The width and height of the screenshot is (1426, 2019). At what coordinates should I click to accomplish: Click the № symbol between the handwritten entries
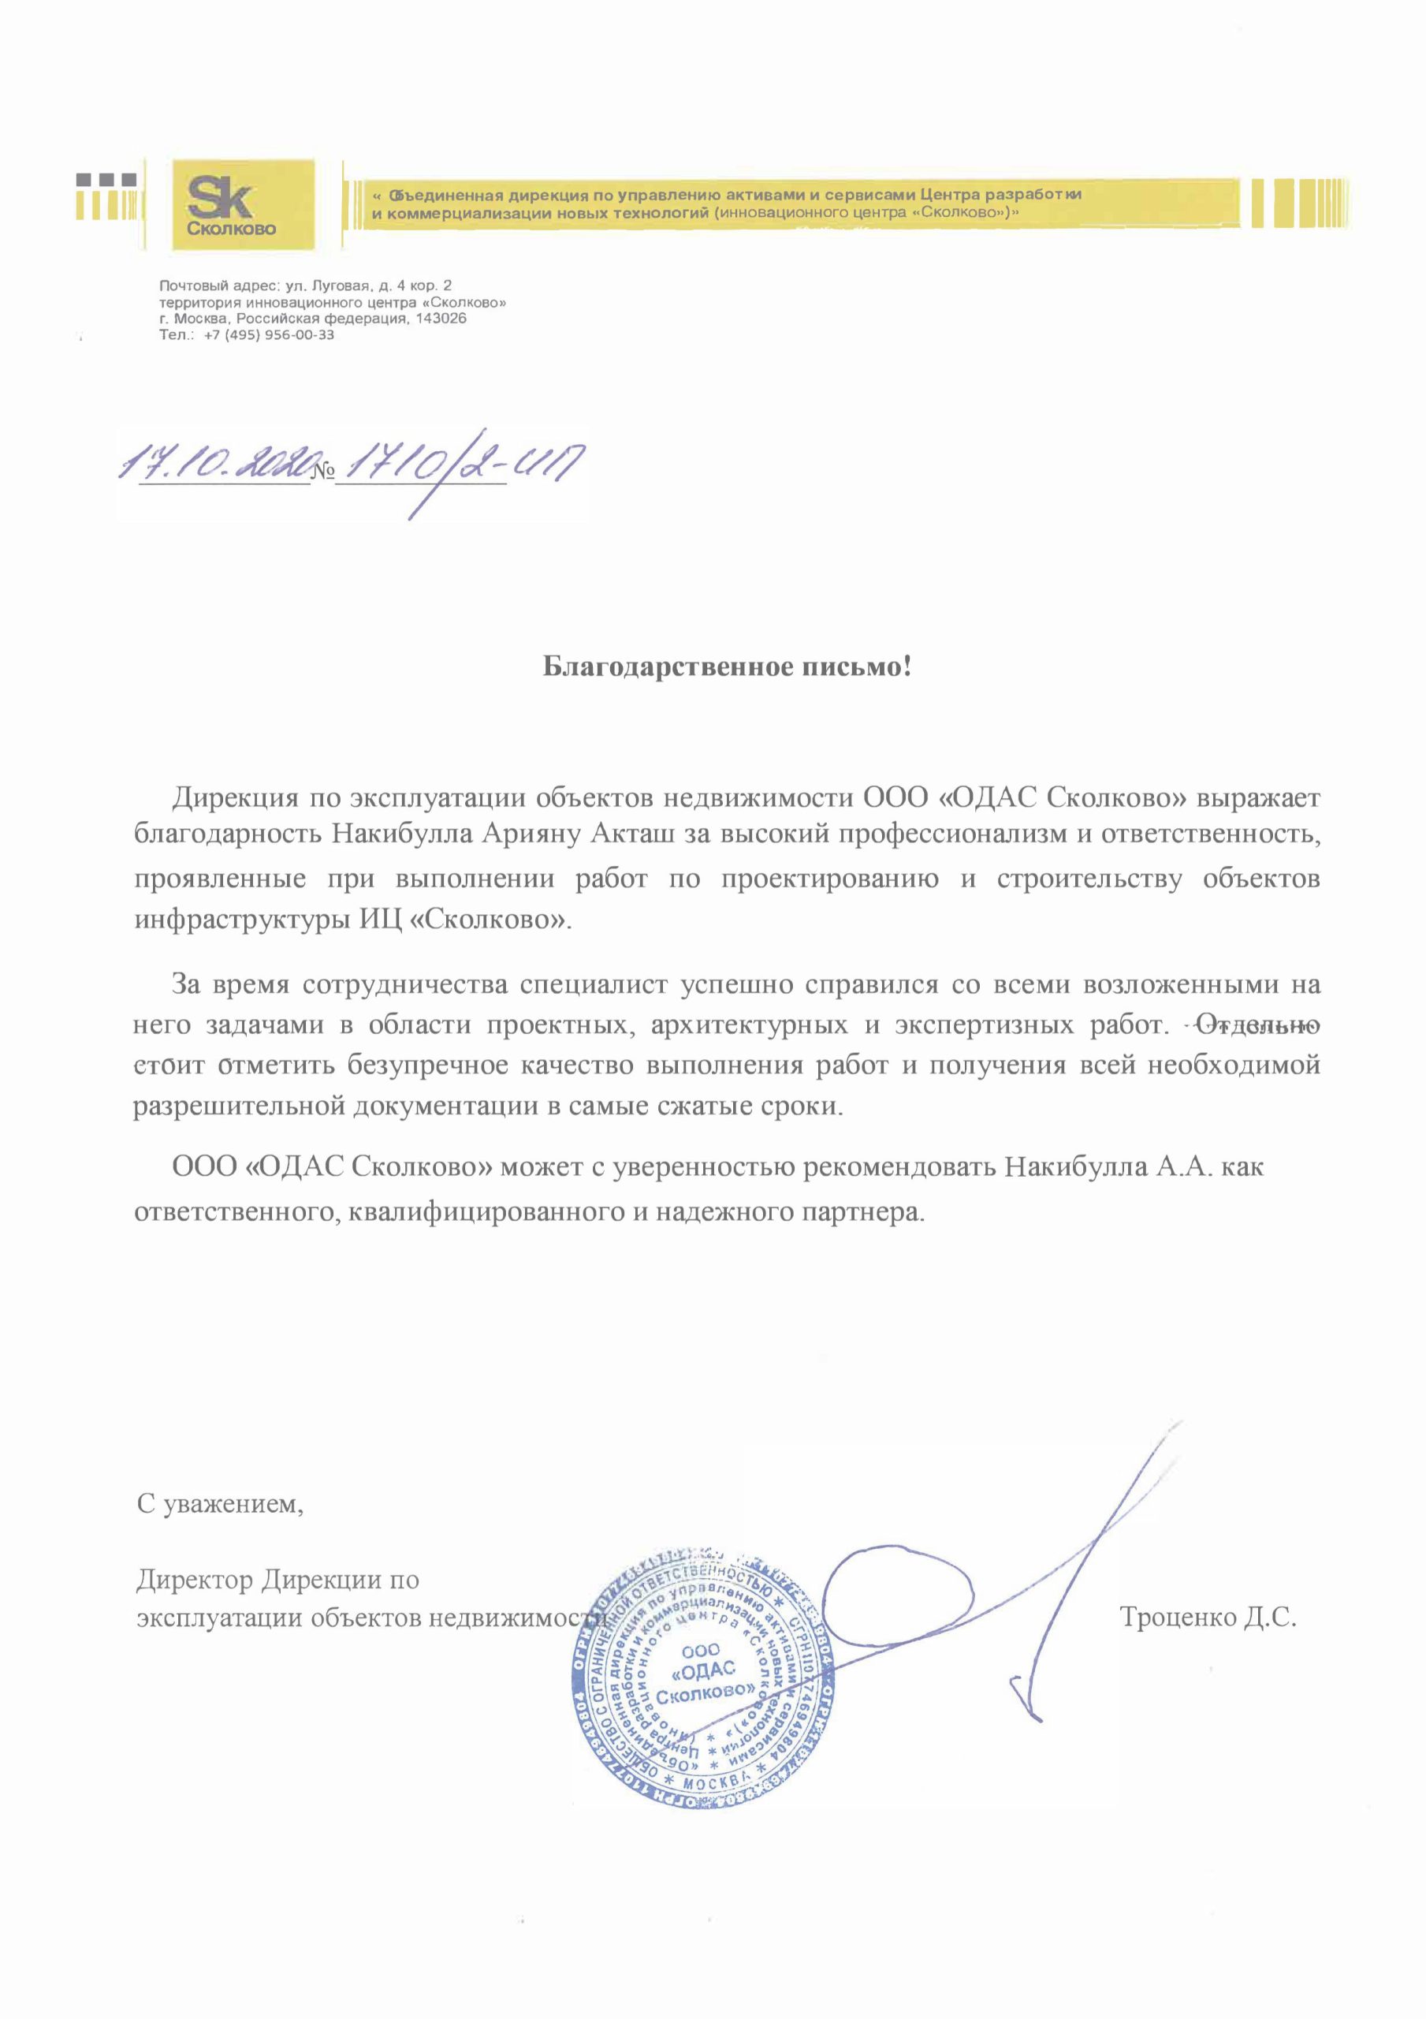coord(322,472)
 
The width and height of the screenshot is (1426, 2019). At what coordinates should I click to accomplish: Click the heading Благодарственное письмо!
coord(726,667)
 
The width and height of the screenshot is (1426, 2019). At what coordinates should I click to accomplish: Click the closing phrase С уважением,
coord(221,1504)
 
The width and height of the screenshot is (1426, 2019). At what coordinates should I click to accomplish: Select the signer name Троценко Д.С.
coord(1208,1616)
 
